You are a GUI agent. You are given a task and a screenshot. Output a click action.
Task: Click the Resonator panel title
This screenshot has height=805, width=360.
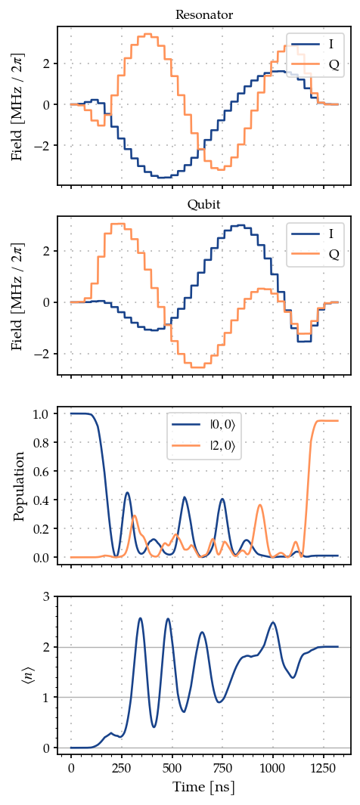coord(204,15)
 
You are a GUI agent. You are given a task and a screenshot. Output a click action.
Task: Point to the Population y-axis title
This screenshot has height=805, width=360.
coord(20,486)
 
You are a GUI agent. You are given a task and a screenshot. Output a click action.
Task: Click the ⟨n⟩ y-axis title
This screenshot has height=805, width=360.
coord(20,672)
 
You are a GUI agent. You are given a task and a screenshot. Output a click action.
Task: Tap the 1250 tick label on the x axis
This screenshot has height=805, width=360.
coord(324,767)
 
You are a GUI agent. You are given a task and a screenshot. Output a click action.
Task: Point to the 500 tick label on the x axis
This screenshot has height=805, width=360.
coord(172,767)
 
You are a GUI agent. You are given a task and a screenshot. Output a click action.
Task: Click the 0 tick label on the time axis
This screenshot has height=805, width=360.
coord(71,767)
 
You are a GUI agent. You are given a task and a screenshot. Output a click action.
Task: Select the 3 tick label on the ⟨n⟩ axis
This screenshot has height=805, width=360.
coord(46,596)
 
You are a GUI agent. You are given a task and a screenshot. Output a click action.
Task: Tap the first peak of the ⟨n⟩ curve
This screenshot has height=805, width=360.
coord(140,618)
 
